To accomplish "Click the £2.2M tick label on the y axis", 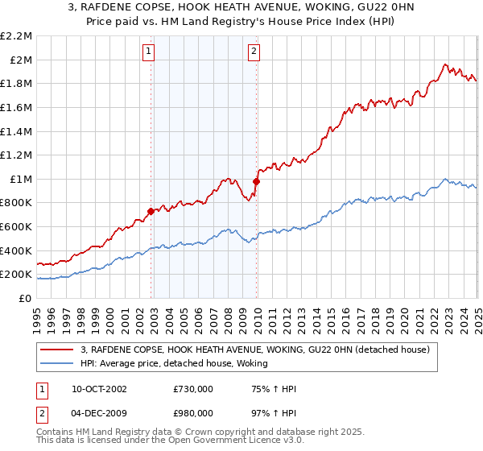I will coord(18,36).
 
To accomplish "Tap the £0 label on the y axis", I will coord(26,298).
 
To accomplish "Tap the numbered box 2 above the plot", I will coord(254,52).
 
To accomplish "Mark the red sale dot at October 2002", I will coord(151,211).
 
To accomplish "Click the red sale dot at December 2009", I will coord(256,181).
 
